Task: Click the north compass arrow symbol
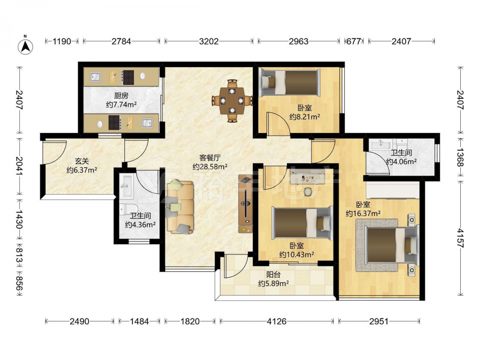point(26,46)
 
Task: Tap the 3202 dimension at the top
point(209,41)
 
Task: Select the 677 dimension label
point(354,41)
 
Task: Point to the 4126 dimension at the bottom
point(277,321)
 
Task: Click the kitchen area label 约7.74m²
point(121,105)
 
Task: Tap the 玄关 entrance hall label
point(82,161)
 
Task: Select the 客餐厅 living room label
point(210,158)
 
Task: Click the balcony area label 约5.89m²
point(274,284)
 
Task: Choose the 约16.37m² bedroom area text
point(363,214)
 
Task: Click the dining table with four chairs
point(232,100)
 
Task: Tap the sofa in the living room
point(180,207)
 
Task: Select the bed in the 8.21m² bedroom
point(289,82)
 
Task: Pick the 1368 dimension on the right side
point(460,157)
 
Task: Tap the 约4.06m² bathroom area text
point(401,162)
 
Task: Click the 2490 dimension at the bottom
point(79,321)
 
